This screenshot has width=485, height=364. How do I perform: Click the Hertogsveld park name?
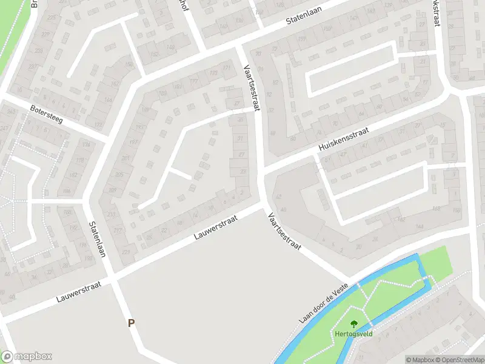click(x=353, y=334)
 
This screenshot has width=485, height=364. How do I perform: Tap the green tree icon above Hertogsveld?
click(x=354, y=324)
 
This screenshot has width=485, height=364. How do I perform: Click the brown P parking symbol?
click(x=131, y=323)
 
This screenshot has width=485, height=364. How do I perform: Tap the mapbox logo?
click(x=26, y=357)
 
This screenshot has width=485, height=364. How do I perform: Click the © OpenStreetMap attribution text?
click(x=459, y=360)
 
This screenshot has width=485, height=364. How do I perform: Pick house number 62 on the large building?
click(x=278, y=197)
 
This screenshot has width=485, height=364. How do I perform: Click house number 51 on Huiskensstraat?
click(x=327, y=160)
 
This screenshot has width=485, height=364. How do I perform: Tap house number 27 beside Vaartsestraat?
click(x=241, y=154)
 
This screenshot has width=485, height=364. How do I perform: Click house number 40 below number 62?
click(x=283, y=210)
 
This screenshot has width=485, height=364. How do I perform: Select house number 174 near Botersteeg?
click(x=85, y=144)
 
